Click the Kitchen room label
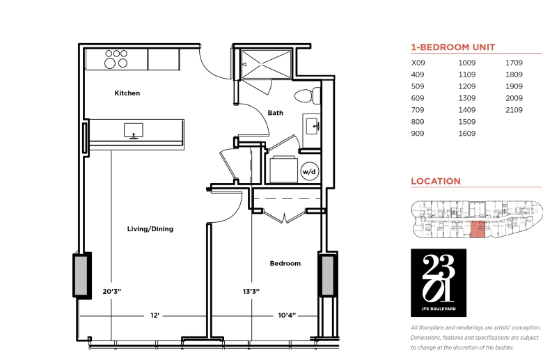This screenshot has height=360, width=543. tap(127, 93)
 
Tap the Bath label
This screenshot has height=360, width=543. tap(275, 113)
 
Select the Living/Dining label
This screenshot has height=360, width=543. tap(150, 229)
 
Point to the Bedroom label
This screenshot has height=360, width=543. tap(285, 263)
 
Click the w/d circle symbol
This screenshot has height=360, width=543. tap(309, 171)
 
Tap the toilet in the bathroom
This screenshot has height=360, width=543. tap(308, 95)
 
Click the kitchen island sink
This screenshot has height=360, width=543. tap(134, 131)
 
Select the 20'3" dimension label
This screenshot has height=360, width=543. tap(112, 291)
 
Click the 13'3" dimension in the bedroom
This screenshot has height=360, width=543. tap(251, 291)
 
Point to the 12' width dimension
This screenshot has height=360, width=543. tap(155, 315)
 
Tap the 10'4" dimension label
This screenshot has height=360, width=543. tap(287, 315)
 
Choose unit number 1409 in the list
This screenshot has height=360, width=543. tap(467, 110)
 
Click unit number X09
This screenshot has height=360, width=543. tap(418, 63)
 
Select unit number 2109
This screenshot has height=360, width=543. tap(514, 110)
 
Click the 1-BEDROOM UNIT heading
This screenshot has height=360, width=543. tap(453, 47)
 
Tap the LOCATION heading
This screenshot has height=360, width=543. tap(436, 181)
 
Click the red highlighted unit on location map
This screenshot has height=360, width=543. tap(478, 229)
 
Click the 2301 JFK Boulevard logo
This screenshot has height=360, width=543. tap(439, 283)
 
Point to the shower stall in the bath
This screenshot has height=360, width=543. tap(267, 65)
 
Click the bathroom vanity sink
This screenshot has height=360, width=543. tap(312, 126)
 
